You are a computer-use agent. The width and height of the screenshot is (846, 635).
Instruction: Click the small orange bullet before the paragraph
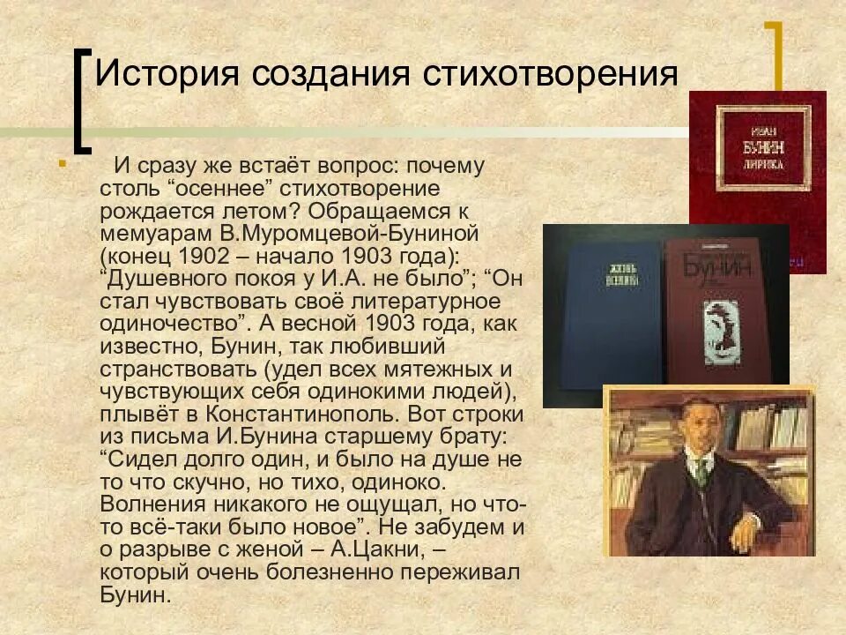(x=62, y=163)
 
